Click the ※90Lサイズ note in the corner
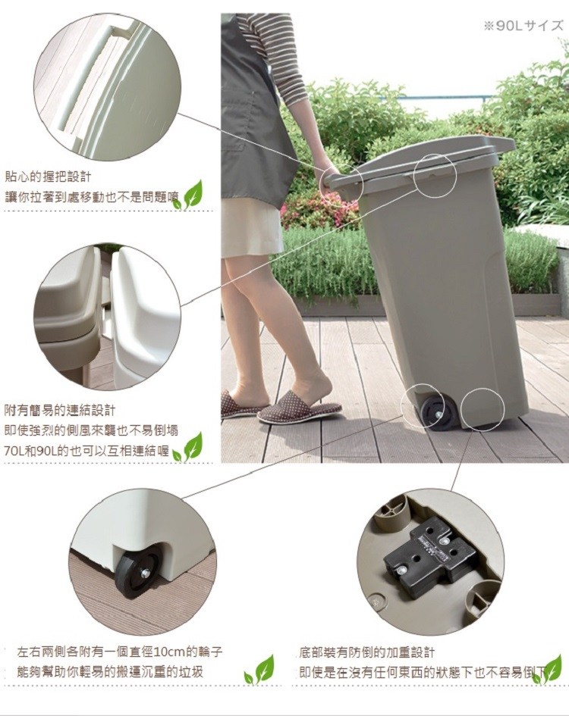[x=523, y=26]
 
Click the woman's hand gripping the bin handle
[x=330, y=177]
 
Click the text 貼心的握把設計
[x=48, y=176]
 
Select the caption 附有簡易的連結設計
[x=59, y=411]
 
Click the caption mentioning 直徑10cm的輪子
[x=120, y=652]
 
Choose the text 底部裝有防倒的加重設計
[x=367, y=652]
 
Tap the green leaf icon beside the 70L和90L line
[x=187, y=447]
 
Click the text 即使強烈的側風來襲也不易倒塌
[x=91, y=430]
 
